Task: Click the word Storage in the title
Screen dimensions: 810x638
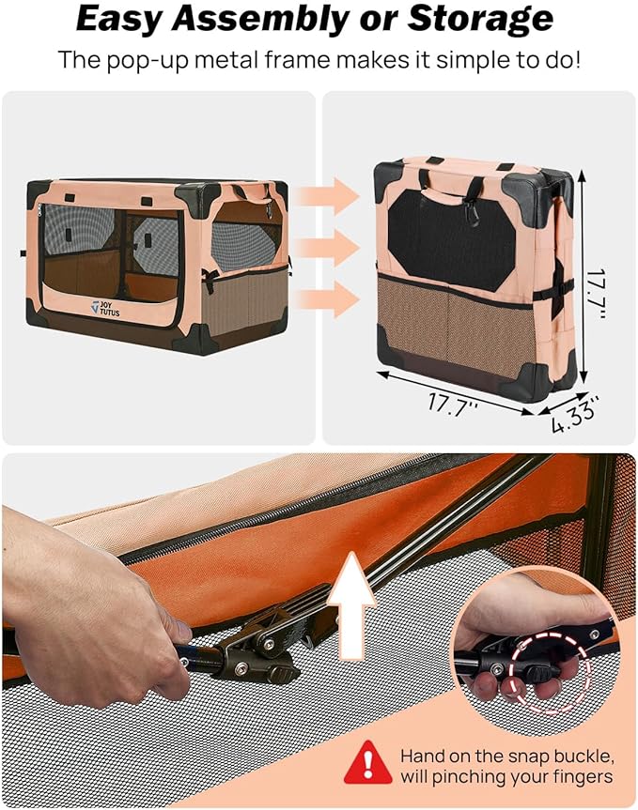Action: [475, 19]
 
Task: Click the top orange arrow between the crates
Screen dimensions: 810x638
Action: [325, 195]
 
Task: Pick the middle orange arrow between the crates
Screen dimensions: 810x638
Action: [325, 248]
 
